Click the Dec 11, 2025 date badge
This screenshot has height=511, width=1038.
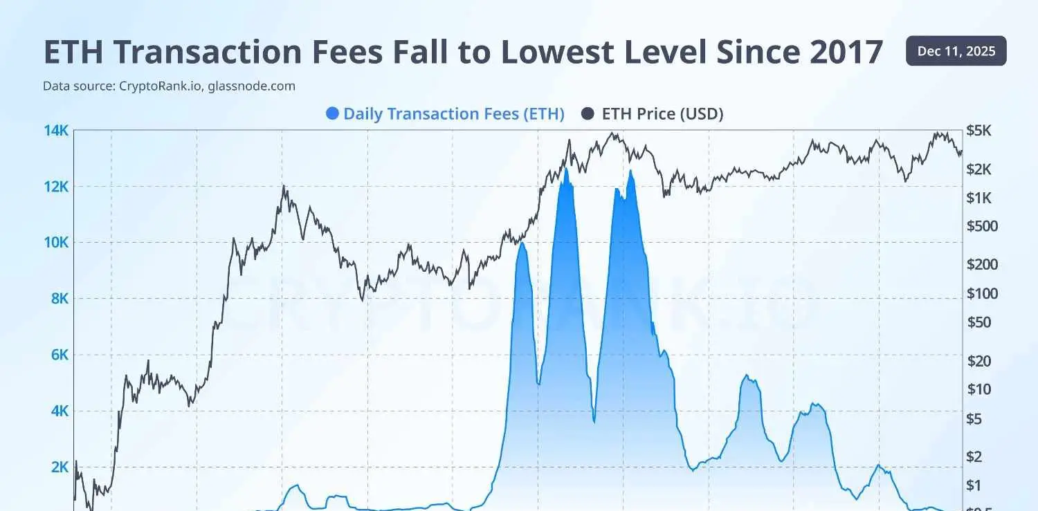(x=956, y=51)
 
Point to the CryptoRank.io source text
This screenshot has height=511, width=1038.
(x=161, y=86)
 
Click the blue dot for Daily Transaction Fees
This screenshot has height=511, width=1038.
(x=332, y=113)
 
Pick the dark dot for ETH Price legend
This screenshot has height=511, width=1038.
(x=588, y=113)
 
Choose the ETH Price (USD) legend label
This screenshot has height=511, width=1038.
(x=662, y=113)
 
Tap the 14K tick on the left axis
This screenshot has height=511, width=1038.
(x=56, y=130)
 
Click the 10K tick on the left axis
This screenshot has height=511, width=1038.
(x=56, y=243)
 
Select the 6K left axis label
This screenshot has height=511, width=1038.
(x=58, y=355)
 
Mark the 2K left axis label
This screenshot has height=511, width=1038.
(x=58, y=467)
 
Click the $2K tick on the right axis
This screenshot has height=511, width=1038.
(x=982, y=169)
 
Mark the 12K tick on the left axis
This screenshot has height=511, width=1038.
(x=56, y=187)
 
